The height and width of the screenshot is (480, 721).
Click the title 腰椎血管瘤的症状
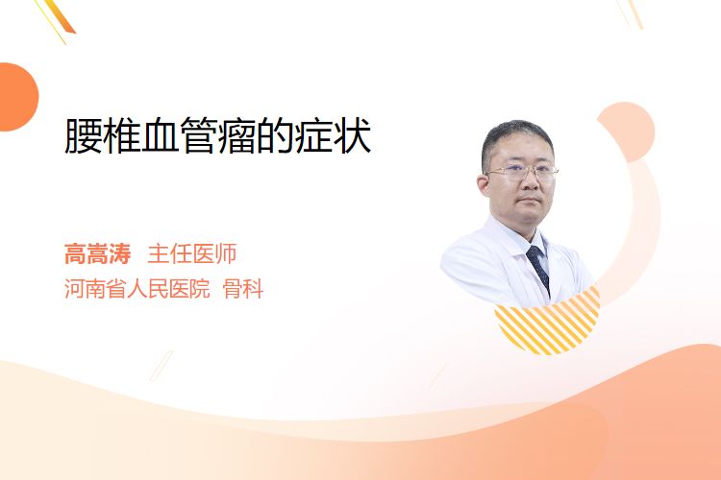click(x=217, y=136)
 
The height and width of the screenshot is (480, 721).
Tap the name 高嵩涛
click(x=97, y=254)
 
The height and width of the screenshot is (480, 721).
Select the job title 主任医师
click(x=191, y=254)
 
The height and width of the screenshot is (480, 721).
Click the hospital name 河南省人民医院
click(x=137, y=289)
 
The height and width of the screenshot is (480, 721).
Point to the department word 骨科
click(x=243, y=289)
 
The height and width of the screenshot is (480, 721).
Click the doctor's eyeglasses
click(x=522, y=172)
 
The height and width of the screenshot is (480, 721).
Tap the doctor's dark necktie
click(x=539, y=267)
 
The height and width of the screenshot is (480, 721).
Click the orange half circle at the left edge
click(x=17, y=97)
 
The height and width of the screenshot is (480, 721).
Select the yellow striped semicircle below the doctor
click(x=548, y=323)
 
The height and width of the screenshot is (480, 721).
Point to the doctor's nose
click(x=530, y=181)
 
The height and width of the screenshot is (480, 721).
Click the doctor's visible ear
click(x=484, y=185)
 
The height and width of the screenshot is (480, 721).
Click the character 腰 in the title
click(x=84, y=136)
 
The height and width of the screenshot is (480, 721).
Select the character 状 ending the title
click(x=353, y=136)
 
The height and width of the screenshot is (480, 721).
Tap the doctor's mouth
click(x=530, y=201)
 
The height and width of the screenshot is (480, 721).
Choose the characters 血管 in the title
click(x=160, y=136)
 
